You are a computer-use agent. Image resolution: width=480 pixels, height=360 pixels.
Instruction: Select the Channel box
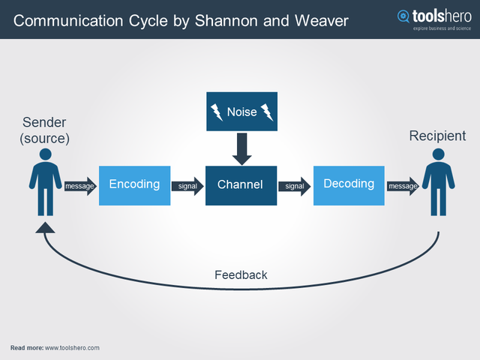coord(241,185)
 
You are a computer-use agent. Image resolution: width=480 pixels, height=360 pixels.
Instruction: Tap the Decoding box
coord(348,185)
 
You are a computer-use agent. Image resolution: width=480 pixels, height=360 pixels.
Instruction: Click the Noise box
coord(241,112)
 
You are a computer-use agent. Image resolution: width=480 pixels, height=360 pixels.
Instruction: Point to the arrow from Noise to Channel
coord(241,149)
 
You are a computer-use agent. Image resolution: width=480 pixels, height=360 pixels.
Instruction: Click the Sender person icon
coord(46,181)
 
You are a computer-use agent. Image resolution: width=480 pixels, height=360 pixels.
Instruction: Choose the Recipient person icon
coord(438,181)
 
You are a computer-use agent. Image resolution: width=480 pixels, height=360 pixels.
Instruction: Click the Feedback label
coord(241,275)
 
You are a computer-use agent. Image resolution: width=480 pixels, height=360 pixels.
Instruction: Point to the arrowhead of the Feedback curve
coord(45,227)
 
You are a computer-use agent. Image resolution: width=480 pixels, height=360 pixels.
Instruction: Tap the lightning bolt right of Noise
coord(267,112)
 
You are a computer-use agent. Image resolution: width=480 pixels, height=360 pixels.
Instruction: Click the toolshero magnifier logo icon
coord(404,16)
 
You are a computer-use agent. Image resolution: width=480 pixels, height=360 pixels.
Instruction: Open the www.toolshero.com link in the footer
coord(72,348)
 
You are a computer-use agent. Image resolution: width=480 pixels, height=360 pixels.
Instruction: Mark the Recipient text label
coord(437,136)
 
